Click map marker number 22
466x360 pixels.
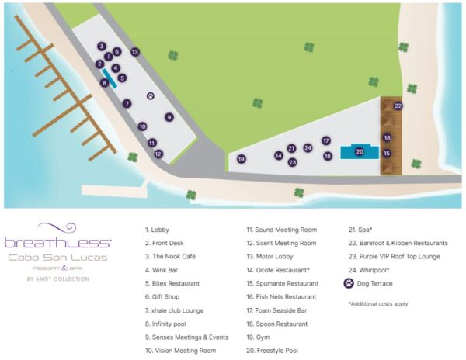point(398,106)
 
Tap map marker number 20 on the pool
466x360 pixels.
point(360,152)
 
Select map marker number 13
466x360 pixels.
point(134,52)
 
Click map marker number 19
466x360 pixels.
point(242,159)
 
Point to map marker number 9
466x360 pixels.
point(169,117)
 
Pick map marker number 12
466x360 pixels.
point(158,154)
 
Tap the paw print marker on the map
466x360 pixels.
point(150,97)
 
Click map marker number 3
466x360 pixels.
point(102,47)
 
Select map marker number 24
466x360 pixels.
point(308,147)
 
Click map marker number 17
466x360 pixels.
point(326,140)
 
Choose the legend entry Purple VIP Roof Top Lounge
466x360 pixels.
point(395,256)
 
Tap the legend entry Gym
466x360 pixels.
point(258,336)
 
